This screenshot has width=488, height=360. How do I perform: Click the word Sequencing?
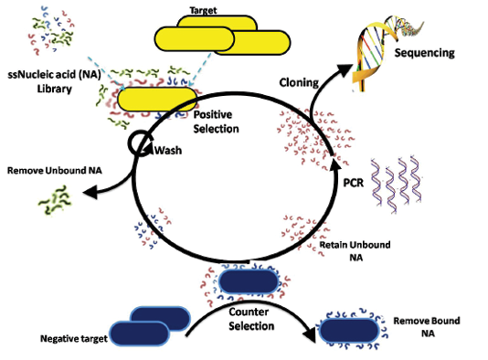point(425,53)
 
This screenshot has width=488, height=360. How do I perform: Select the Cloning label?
point(299,82)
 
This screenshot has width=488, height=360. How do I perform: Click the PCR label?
point(354,183)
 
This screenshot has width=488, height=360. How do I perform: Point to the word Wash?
point(168,151)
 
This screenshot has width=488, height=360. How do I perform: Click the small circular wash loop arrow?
point(140,143)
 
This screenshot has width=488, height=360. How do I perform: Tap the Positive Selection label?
point(216,122)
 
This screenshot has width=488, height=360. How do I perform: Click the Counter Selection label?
point(251,319)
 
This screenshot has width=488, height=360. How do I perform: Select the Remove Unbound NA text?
point(55,171)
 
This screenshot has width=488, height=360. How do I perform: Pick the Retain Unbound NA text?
point(355,251)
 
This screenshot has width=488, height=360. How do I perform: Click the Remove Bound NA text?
point(427,327)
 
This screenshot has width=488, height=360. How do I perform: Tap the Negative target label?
point(74,339)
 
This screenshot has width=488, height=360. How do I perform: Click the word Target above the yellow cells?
point(203,11)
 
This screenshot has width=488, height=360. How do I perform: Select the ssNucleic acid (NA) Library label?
point(54,81)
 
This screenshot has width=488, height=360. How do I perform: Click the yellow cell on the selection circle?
point(157,100)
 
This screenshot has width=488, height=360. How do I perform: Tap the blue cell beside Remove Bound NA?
point(349,331)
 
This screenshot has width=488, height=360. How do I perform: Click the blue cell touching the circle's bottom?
point(249,281)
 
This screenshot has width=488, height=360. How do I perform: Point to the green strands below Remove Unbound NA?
point(55,200)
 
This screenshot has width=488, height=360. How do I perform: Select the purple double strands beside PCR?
point(396,185)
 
